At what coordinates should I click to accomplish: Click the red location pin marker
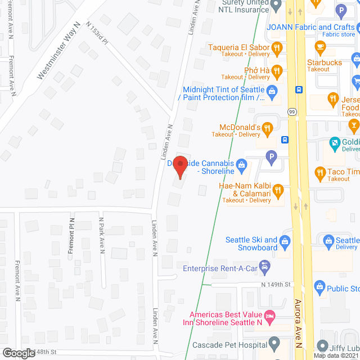pos(179,167)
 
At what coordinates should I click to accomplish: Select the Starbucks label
pos(324,62)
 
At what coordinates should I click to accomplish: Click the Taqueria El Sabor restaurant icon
pos(276,49)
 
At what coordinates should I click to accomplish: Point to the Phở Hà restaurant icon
pos(276,71)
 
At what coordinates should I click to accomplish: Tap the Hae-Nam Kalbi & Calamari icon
pos(278,193)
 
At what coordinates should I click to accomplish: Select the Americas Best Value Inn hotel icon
pos(269,318)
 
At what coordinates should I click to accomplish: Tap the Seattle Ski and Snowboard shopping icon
pos(285,243)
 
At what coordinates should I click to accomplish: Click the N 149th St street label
pos(276,285)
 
